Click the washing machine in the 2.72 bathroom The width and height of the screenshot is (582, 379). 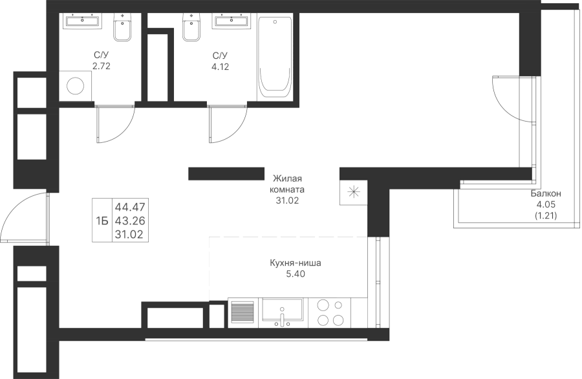(x=76, y=86)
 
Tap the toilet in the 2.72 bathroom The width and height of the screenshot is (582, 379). (x=122, y=27)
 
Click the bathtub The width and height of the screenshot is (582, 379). (x=275, y=58)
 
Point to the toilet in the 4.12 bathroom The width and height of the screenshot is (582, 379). (x=192, y=27)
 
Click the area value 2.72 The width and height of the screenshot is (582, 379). (x=102, y=67)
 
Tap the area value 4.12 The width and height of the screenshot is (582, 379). (x=220, y=67)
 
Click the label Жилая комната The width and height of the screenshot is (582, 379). (x=287, y=184)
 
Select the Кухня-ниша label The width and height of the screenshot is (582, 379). (x=296, y=263)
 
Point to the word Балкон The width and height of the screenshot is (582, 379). (x=546, y=193)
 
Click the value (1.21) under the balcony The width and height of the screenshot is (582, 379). (x=546, y=215)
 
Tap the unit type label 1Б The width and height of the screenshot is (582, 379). (x=102, y=221)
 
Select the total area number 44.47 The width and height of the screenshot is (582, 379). (x=130, y=207)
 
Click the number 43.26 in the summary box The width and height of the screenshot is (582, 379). (x=130, y=221)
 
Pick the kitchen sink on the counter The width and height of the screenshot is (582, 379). (x=283, y=312)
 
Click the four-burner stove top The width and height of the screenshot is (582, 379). (x=330, y=312)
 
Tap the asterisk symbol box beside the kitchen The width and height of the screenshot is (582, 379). (x=353, y=192)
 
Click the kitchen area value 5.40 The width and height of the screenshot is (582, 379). (x=296, y=274)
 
